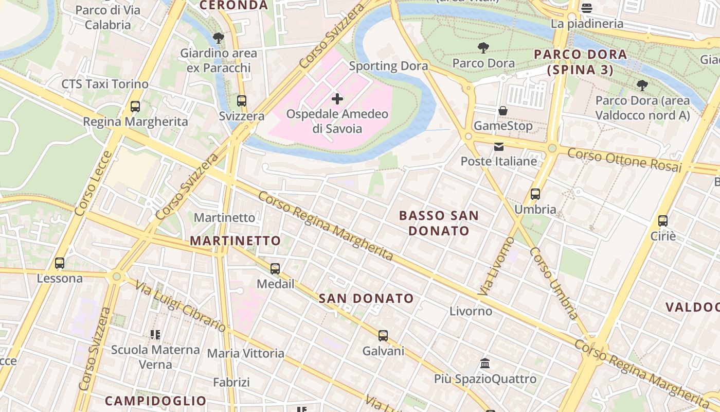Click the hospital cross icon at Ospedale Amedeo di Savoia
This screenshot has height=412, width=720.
pyautogui.click(x=337, y=98)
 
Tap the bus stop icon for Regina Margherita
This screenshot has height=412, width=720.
pyautogui.click(x=135, y=107)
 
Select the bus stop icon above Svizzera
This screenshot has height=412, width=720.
pyautogui.click(x=242, y=101)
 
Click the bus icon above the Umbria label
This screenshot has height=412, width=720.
pyautogui.click(x=535, y=194)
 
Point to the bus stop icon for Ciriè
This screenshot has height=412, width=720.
pyautogui.click(x=663, y=221)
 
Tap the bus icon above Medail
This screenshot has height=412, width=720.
pyautogui.click(x=275, y=268)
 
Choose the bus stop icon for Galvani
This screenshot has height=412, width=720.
pyautogui.click(x=383, y=336)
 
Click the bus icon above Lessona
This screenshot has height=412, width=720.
pyautogui.click(x=60, y=263)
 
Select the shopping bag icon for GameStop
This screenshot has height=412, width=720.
pyautogui.click(x=503, y=111)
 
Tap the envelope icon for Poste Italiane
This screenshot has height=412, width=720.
pyautogui.click(x=499, y=147)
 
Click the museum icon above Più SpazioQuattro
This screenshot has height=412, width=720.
pyautogui.click(x=485, y=364)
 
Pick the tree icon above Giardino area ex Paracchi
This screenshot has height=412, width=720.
pyautogui.click(x=218, y=38)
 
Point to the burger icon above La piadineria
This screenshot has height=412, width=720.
pyautogui.click(x=587, y=8)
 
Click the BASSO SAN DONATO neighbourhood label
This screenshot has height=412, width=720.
pyautogui.click(x=439, y=223)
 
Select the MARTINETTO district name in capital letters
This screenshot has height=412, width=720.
pyautogui.click(x=236, y=241)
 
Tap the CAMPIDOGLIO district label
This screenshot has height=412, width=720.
pyautogui.click(x=155, y=401)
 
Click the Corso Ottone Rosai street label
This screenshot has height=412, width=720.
pyautogui.click(x=624, y=160)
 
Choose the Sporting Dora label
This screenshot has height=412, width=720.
pyautogui.click(x=388, y=66)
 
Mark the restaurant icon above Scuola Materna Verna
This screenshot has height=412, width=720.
pyautogui.click(x=155, y=335)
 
